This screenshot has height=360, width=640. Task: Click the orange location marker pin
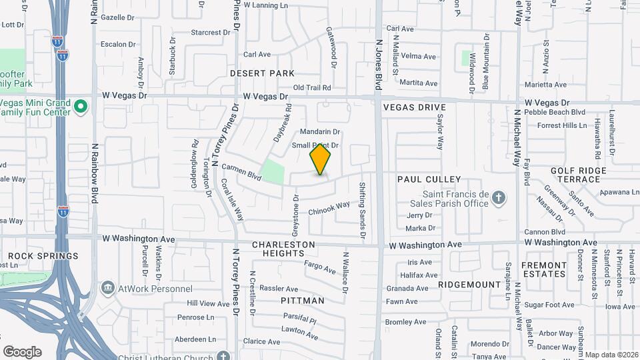point(320,159)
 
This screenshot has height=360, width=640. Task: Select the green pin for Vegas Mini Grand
point(81,107)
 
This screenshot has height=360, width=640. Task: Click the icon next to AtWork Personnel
point(107,288)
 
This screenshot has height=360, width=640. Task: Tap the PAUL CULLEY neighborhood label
point(429,179)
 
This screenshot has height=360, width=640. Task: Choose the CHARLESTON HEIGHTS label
point(283,249)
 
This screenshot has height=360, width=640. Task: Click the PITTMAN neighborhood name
point(303,301)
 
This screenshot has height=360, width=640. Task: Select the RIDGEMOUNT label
point(469,285)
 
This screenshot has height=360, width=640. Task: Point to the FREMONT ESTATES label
point(545,269)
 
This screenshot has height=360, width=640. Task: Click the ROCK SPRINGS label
point(43,256)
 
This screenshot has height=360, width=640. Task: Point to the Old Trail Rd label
point(312,87)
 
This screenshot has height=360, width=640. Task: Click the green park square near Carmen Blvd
point(273,171)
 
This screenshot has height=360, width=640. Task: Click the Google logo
point(22,351)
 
